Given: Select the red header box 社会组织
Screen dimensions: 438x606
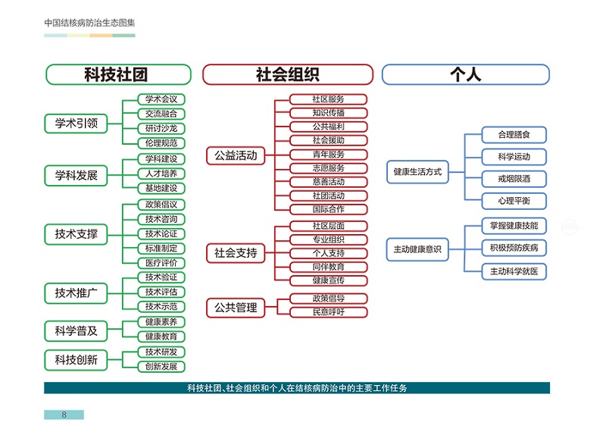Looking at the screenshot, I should [x=288, y=74].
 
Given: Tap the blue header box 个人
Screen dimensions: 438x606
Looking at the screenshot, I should [x=466, y=74].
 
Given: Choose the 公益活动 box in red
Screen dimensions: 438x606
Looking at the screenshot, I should [x=236, y=156].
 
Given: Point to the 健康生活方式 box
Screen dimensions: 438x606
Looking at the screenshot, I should [x=417, y=172].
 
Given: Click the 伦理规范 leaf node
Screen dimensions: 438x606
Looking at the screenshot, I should [x=161, y=142].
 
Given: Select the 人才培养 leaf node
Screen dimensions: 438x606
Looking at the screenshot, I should [x=161, y=174].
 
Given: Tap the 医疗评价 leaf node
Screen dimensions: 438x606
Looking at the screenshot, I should [x=161, y=262].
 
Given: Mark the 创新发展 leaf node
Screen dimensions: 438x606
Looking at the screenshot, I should [x=161, y=367].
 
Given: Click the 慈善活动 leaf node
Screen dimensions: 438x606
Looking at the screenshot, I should [x=328, y=182].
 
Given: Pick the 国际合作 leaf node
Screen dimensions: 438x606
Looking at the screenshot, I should [x=328, y=209].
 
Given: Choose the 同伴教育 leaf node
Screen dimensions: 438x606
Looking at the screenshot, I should [x=328, y=267].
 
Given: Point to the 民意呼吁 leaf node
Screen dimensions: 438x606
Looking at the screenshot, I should [x=328, y=311].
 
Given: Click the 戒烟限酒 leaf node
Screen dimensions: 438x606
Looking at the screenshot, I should [x=514, y=179].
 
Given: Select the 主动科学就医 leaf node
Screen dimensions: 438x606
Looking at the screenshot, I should [x=514, y=271].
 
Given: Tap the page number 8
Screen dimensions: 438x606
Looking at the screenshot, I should [x=64, y=415].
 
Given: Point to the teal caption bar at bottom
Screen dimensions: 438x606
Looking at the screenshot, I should [x=297, y=388].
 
